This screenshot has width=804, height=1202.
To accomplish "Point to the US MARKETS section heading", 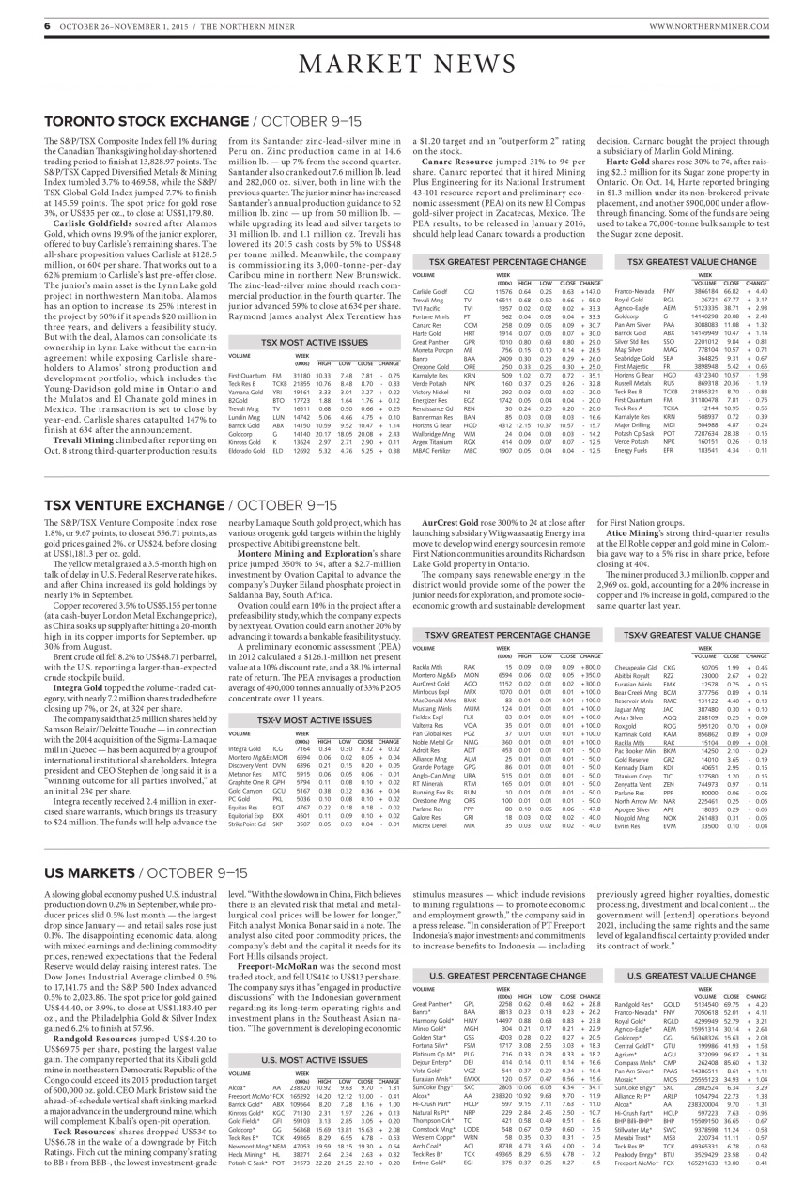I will (87, 872).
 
